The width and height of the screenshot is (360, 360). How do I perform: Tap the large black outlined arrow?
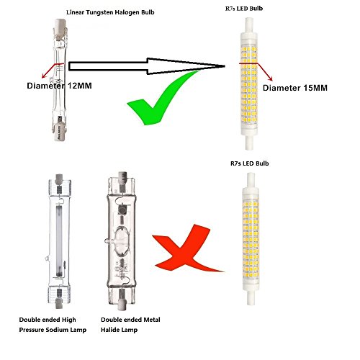147,66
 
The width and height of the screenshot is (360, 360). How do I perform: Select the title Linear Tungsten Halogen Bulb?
110,12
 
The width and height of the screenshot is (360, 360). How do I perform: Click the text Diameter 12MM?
59,86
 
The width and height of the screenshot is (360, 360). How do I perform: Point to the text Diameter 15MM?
295,88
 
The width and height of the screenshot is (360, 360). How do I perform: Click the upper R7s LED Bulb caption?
244,9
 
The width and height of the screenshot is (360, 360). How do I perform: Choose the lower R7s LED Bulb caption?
250,163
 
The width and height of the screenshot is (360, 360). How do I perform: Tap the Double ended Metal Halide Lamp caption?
130,325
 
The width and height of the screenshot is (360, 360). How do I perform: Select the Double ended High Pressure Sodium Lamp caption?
53,325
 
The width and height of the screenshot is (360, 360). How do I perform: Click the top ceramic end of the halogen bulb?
59,28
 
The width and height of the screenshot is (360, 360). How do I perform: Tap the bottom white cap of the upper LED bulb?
249,143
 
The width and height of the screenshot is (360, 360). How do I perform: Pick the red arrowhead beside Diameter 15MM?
271,79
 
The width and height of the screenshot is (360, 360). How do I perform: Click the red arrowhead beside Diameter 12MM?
44,76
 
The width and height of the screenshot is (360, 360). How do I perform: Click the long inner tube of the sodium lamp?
59,240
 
